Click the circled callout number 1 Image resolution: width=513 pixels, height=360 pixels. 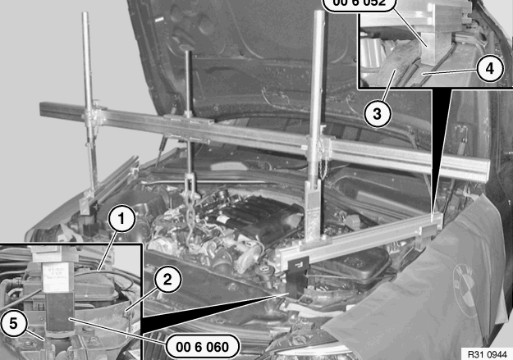tap(121, 219)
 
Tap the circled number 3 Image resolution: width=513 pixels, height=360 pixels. tap(376, 113)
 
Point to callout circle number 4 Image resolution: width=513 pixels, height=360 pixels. tap(488, 69)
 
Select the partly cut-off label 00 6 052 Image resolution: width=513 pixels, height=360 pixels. tap(361, 5)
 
